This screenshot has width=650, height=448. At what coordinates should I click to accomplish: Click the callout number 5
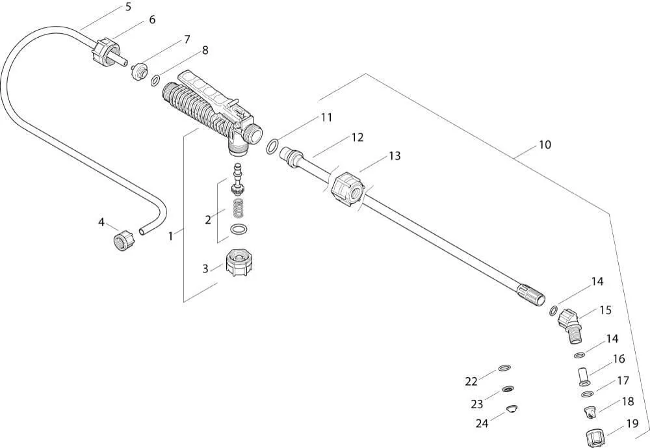(x=127, y=7)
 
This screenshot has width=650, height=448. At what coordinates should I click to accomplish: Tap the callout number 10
(x=544, y=144)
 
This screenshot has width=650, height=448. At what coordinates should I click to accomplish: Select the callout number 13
(x=395, y=156)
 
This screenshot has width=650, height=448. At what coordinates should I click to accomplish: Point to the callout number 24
(x=482, y=423)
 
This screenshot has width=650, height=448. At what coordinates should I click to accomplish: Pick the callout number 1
(x=171, y=236)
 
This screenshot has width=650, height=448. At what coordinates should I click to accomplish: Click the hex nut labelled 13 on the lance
(x=347, y=189)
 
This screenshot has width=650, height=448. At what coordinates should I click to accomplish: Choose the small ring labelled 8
(x=155, y=81)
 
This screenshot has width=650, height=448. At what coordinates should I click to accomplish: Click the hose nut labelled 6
(x=104, y=50)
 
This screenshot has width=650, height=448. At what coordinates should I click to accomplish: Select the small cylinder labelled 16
(x=584, y=376)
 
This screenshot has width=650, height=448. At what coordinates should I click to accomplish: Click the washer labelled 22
(x=504, y=369)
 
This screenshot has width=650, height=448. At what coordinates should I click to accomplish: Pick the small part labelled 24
(x=512, y=409)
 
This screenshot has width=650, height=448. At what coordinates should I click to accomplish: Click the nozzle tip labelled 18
(x=590, y=412)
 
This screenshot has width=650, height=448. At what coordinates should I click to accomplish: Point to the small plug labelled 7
(x=138, y=70)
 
